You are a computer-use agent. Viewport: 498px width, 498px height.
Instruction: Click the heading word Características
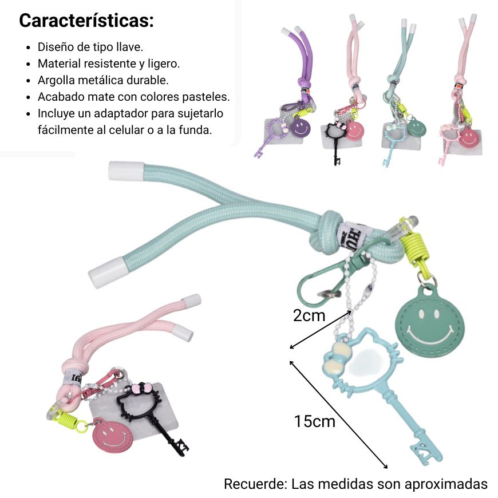coord(86,21)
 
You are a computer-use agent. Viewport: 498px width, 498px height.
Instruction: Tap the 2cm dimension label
coord(309,316)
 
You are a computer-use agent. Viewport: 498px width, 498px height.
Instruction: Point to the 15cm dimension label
coord(314,421)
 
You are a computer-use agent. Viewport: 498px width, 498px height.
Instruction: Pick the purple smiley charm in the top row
coord(300,127)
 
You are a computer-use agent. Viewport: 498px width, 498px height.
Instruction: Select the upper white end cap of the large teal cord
coord(126,171)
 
